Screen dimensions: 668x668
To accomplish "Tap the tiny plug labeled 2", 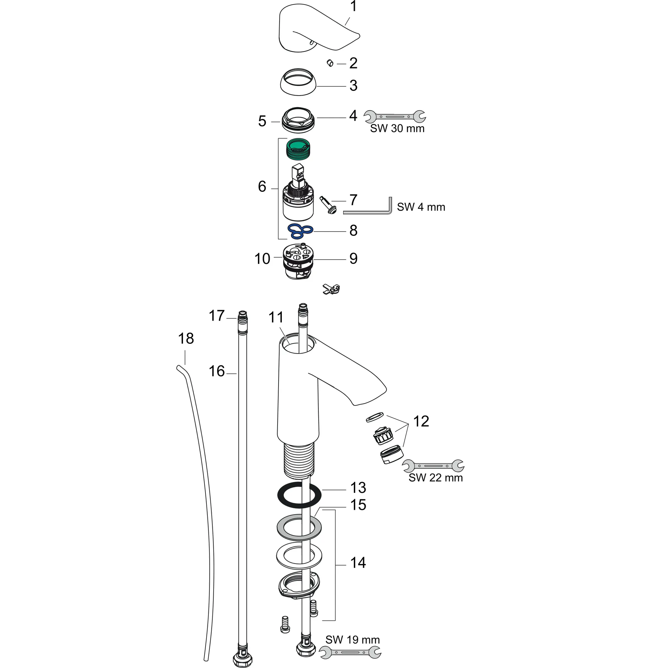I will coord(330,63).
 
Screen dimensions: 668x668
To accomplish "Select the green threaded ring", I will coord(299,149).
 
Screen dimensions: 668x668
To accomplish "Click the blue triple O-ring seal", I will coord(300,231).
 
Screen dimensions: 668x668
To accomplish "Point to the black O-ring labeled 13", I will coord(299,495).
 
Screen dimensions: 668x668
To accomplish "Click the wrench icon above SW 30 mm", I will coord(395,116).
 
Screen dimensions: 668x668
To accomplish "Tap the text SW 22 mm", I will coord(436,478).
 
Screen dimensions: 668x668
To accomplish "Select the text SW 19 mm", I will coord(352,639).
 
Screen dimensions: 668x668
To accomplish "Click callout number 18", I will coord(186,339).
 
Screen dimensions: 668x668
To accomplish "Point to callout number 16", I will coord(217,371).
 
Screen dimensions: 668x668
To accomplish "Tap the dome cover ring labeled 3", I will coord(298,82).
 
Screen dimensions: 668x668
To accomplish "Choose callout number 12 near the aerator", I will coord(421,421).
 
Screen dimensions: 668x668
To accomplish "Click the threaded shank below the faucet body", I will coord(299,459).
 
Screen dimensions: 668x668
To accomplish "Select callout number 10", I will coord(262,259).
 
